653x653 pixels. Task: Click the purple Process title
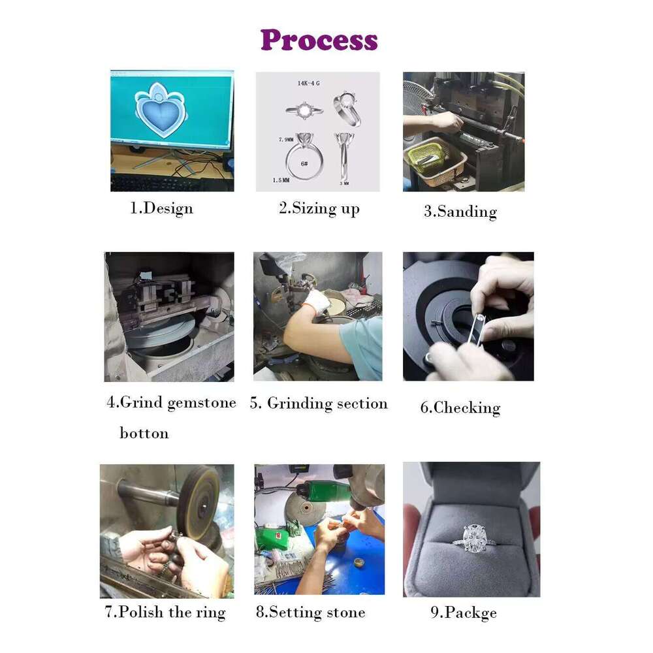[319, 40]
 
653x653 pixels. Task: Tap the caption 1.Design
[161, 208]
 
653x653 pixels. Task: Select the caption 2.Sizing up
[319, 208]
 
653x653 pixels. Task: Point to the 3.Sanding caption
[460, 212]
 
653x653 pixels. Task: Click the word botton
[144, 433]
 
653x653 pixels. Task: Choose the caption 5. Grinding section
[319, 403]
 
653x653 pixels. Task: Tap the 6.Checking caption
[460, 407]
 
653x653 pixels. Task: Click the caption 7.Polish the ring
[165, 613]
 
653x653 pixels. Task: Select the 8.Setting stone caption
[311, 613]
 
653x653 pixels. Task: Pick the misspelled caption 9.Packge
[464, 613]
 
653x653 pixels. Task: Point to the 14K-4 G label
[309, 84]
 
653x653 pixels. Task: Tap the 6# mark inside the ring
[304, 164]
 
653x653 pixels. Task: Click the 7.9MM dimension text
[286, 140]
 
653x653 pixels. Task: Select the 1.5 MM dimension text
[281, 180]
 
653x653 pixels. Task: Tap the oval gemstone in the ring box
[473, 535]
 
